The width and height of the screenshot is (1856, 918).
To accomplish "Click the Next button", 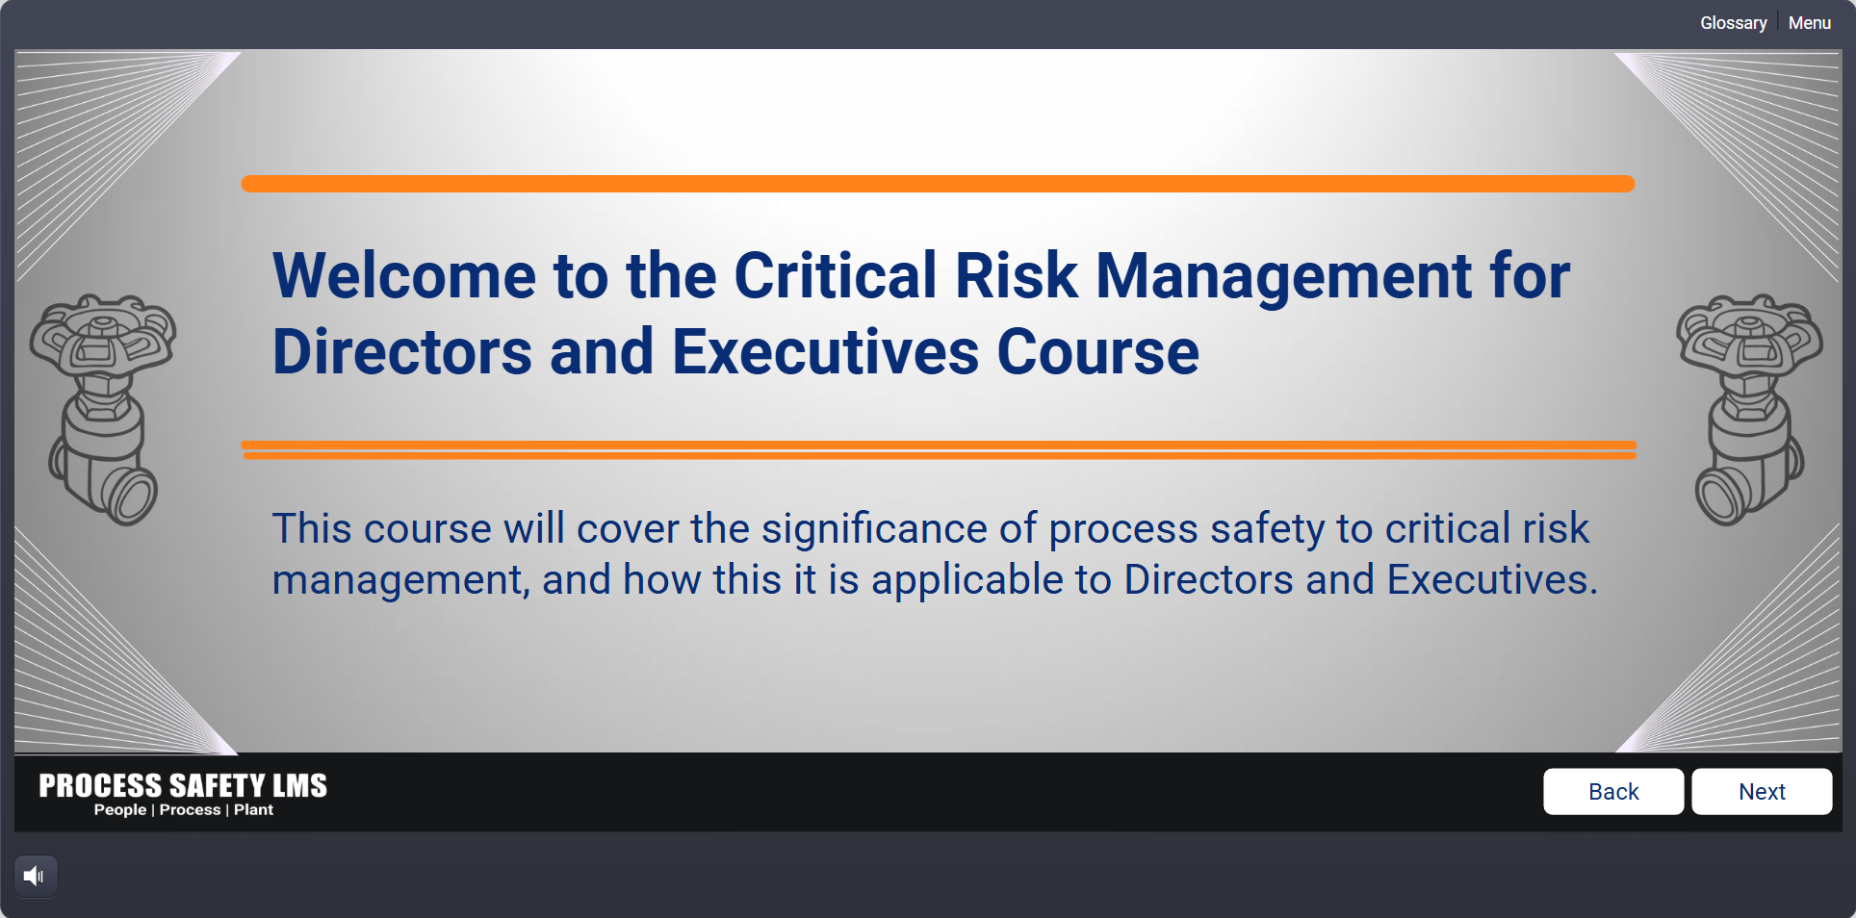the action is click(x=1762, y=791).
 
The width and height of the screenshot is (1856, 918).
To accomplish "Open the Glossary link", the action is click(x=1733, y=23).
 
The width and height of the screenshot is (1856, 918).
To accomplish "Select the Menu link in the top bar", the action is click(x=1810, y=23).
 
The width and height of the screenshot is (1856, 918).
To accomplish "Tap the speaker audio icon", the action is click(x=36, y=876).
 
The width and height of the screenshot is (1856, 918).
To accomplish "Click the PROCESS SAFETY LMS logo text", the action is click(x=183, y=785).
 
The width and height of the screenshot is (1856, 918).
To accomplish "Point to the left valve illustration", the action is click(x=103, y=409).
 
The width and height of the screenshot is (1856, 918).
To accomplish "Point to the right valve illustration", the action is click(x=1749, y=409).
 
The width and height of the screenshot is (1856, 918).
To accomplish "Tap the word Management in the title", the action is click(x=1284, y=277).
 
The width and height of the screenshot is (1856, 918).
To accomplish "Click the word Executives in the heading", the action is click(x=825, y=351).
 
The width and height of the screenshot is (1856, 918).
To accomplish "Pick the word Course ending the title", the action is click(x=1097, y=351).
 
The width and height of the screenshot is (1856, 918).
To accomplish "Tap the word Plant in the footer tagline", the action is click(x=254, y=810).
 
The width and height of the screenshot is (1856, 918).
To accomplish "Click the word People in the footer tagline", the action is click(x=120, y=810).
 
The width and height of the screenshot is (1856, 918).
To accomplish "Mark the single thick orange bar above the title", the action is click(x=938, y=184).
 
